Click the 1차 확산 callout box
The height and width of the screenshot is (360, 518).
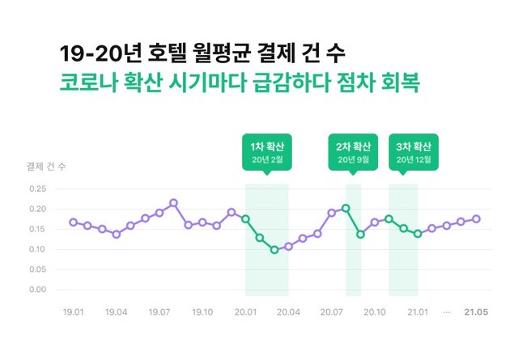click(267, 151)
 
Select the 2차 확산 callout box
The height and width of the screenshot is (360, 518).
click(353, 151)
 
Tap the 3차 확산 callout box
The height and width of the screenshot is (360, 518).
click(413, 151)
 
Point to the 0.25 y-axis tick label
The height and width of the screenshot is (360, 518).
click(37, 189)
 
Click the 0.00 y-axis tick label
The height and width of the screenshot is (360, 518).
click(37, 290)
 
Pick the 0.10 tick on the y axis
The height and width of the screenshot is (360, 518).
click(37, 249)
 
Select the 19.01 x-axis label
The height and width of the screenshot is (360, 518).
click(74, 311)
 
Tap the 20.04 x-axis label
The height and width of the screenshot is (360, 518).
click(288, 311)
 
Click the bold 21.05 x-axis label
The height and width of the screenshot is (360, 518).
click(476, 311)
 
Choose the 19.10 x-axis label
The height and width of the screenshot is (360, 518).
click(202, 311)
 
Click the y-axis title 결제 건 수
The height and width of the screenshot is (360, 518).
click(47, 167)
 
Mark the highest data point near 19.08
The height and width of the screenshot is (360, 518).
click(173, 203)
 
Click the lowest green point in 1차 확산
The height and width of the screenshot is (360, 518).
click(274, 250)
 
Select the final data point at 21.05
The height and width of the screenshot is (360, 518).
click(476, 218)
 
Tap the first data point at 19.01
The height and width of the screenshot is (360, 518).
click(74, 222)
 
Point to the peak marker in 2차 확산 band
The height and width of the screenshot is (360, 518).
click(346, 208)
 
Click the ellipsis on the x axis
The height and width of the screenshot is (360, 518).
click(446, 311)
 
